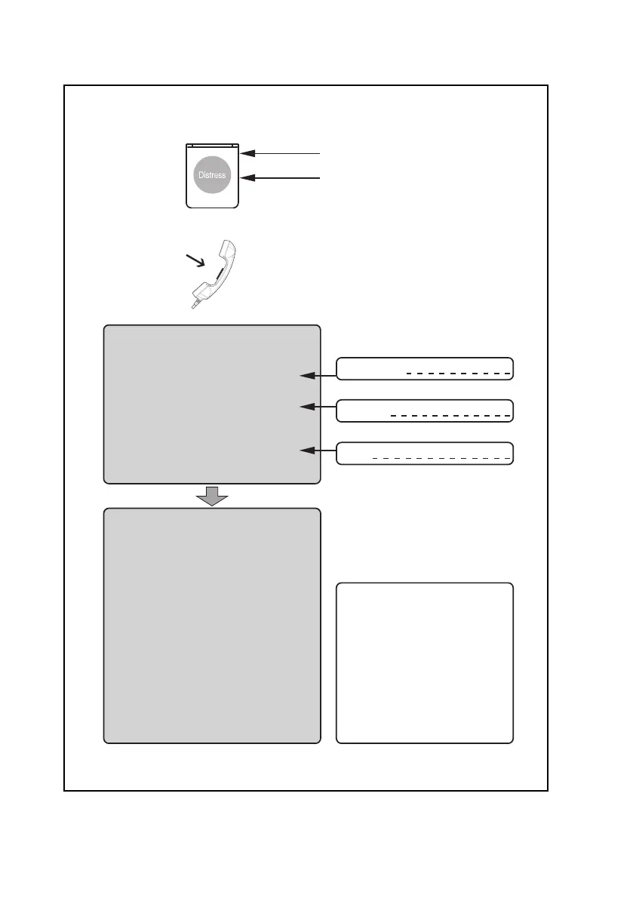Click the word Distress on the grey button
212,175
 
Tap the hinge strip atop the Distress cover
213,145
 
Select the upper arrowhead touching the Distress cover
247,153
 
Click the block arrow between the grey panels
212,496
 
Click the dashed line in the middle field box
451,416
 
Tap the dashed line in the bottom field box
442,458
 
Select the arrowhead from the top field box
306,374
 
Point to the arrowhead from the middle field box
306,407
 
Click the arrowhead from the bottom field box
306,451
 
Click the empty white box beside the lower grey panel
425,663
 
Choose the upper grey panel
212,404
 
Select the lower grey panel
212,626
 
